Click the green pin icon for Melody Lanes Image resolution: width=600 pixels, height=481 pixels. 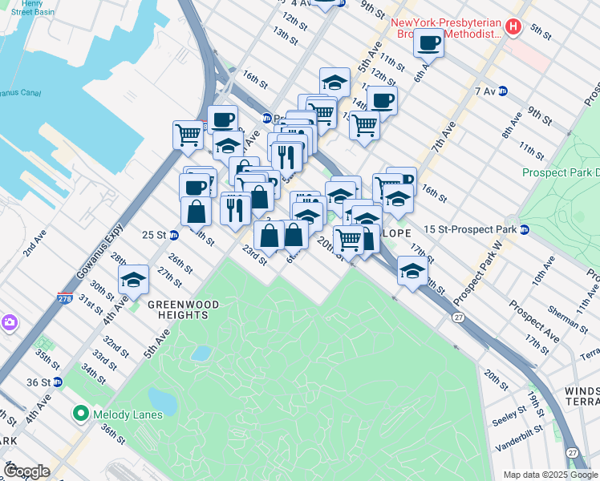coord(80,414)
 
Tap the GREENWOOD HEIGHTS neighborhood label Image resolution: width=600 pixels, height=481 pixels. coord(177,310)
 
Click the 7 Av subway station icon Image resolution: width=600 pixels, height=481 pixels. coord(503,91)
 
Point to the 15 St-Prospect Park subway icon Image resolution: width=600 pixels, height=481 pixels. coord(525,230)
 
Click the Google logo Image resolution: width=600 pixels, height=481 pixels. coord(26,471)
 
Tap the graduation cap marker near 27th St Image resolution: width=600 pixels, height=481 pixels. coord(134,280)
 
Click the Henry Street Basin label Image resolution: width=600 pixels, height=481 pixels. coord(26,9)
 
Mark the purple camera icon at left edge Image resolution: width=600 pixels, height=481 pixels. coord(9,323)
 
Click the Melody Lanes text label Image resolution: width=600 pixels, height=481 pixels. coord(127,414)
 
